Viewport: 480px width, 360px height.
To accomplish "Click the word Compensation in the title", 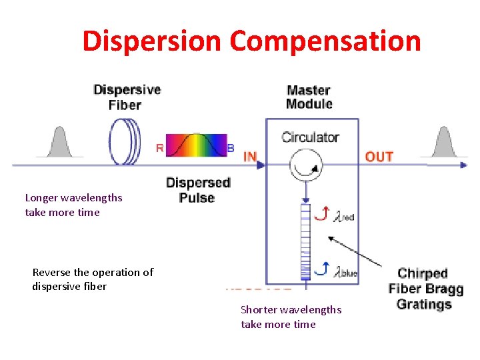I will tap(325, 41).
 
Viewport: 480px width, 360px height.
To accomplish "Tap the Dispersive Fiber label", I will tap(127, 97).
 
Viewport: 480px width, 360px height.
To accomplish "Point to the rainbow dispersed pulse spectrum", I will tap(196, 145).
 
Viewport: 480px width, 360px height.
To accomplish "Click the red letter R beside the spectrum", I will tap(160, 148).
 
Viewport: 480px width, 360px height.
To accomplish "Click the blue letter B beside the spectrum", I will tap(231, 148).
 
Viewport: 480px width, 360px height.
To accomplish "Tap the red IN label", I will tap(250, 157).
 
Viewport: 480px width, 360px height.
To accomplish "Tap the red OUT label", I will tap(379, 157).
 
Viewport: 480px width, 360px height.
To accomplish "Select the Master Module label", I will tap(309, 97).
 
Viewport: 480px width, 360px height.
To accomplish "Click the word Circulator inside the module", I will tap(310, 137).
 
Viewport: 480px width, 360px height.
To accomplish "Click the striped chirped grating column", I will tap(306, 240).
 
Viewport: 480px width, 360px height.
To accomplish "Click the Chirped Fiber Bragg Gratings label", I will tap(425, 289).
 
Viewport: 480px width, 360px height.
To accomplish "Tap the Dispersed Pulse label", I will tap(197, 190).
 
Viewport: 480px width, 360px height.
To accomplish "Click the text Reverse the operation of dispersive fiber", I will tap(93, 279).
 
